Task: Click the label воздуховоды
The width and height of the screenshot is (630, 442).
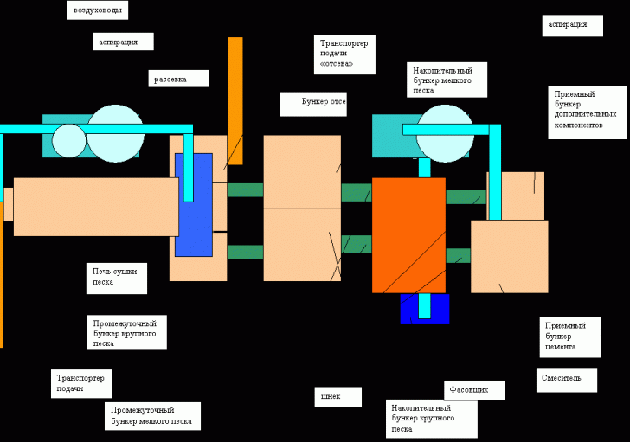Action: point(98,10)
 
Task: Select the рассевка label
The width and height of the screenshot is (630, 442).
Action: point(178,79)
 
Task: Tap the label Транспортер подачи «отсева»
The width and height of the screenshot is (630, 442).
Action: point(344,54)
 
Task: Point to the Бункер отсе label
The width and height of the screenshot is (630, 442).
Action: point(313,104)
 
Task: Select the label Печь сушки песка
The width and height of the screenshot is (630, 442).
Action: point(117,278)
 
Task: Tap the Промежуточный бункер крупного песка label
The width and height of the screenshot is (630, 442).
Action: point(128,332)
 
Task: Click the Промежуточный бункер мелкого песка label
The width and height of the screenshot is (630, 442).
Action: point(152,416)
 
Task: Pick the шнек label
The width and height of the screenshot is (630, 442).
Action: point(338,397)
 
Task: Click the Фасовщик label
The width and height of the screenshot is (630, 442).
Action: point(474,390)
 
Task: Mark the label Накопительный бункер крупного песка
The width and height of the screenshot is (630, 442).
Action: point(431,419)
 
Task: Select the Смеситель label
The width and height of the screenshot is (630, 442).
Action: point(568,380)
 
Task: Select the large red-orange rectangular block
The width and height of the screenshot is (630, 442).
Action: point(408,235)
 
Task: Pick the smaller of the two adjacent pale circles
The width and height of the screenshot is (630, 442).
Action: point(69,141)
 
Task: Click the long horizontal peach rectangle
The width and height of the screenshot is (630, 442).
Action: point(95,207)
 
